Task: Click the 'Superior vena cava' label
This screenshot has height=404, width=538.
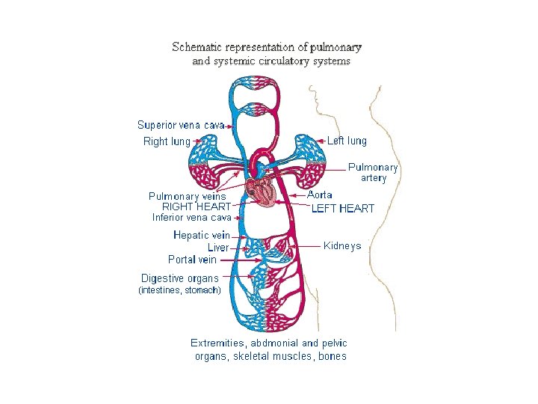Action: coord(181,125)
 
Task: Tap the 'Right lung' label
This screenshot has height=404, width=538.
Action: coord(167,141)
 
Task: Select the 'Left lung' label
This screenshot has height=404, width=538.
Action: coord(347,141)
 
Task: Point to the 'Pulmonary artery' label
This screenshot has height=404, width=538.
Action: coord(373,173)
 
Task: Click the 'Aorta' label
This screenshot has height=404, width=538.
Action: coord(320,195)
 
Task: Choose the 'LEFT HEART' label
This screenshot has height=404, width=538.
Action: coord(343,209)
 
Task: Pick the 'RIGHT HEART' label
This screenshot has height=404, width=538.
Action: coord(197,206)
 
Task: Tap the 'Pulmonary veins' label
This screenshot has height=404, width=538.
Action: coord(188,196)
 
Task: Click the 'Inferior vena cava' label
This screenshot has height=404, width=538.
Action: coord(192,218)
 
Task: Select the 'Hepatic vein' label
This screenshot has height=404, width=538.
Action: coord(202,235)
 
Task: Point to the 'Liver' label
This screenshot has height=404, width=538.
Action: coord(218,248)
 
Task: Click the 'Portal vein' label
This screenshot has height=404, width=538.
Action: coord(192,260)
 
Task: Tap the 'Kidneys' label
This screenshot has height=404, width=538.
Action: coord(342,246)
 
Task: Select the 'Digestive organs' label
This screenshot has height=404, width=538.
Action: coord(180,278)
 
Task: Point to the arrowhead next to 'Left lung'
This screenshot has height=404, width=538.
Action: coord(320,141)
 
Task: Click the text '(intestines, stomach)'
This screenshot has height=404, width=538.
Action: coord(180,290)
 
